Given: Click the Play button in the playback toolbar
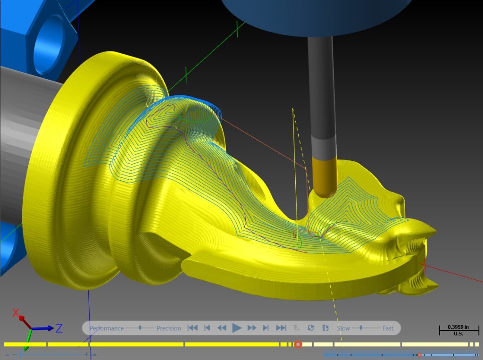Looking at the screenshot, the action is pos(237,328).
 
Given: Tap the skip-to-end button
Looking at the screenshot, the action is pos(281,328).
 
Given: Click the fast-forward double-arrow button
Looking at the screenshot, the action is pos(252,328).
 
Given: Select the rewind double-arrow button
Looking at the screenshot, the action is pos(222,328).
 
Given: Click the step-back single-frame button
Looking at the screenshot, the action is pos(208,328).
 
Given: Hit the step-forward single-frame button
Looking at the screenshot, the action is pos(266,328).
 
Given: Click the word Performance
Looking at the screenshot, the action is pos(107,328).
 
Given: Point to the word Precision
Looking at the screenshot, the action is pos(168,328).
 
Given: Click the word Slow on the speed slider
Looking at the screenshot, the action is pos(343,328).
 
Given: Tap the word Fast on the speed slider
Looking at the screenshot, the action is pos(388,328).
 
